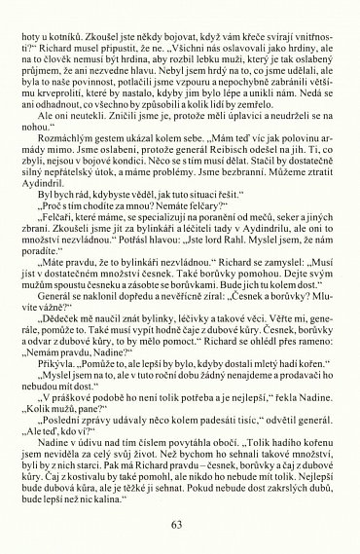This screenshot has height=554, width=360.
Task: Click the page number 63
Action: (176, 526)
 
